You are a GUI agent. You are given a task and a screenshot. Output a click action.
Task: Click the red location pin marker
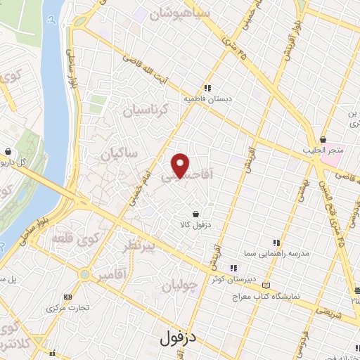181,165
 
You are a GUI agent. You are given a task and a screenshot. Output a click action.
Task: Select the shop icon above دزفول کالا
195,214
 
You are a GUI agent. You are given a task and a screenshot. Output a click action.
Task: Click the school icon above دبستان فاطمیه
207,89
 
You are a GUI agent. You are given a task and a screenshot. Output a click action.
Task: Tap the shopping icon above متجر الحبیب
322,140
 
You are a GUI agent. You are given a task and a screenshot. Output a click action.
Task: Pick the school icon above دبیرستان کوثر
233,268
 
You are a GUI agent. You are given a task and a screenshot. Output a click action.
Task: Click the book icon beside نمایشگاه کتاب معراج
265,285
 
